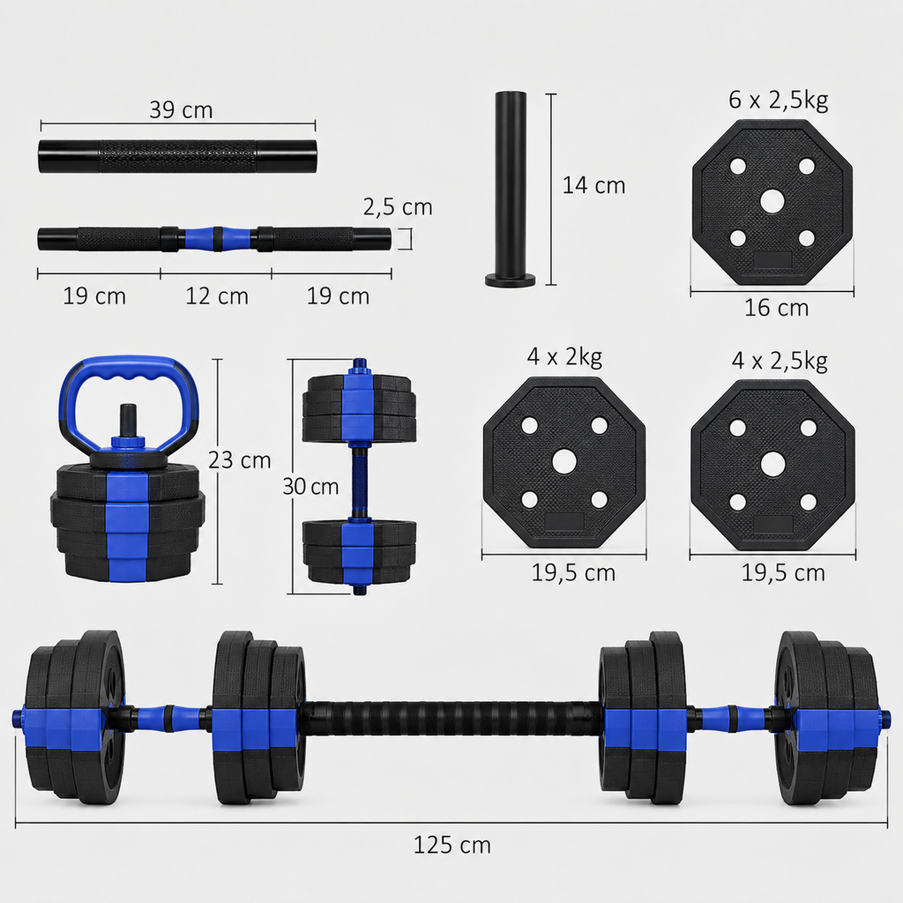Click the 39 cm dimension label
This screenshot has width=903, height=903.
[181, 110]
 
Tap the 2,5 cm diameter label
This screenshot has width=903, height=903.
[398, 207]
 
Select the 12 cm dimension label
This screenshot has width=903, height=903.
[217, 296]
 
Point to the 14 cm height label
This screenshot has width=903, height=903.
[593, 185]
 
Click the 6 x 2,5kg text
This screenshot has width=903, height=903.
[778, 101]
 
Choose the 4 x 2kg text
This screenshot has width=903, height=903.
[564, 357]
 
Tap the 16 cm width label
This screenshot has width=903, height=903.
[776, 308]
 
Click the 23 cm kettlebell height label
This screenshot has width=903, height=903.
[240, 460]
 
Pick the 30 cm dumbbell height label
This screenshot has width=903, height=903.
[310, 487]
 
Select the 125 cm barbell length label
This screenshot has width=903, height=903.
[452, 846]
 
